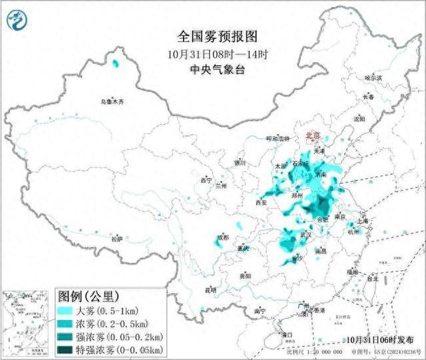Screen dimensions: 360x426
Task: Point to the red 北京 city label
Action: click(x=312, y=136)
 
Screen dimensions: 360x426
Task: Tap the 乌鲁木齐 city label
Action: click(x=112, y=102)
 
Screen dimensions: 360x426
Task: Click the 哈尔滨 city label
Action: click(x=373, y=78)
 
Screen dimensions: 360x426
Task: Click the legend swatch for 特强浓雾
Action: click(x=65, y=349)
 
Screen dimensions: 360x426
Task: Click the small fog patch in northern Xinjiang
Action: click(x=116, y=64)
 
